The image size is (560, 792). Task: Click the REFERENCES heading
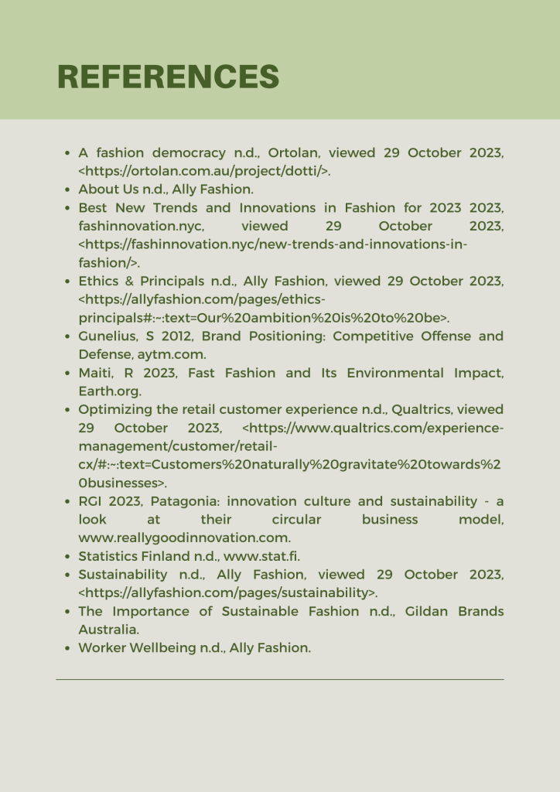click(169, 77)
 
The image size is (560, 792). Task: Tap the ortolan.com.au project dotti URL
click(205, 171)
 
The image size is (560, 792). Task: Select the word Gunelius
click(109, 336)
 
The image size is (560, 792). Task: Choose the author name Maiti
click(97, 373)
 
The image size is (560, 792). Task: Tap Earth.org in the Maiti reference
click(110, 391)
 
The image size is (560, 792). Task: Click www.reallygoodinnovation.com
click(184, 538)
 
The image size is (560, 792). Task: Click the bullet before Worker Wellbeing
click(68, 648)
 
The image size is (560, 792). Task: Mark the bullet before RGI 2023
click(68, 501)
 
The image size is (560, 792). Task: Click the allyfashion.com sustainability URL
click(228, 593)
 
